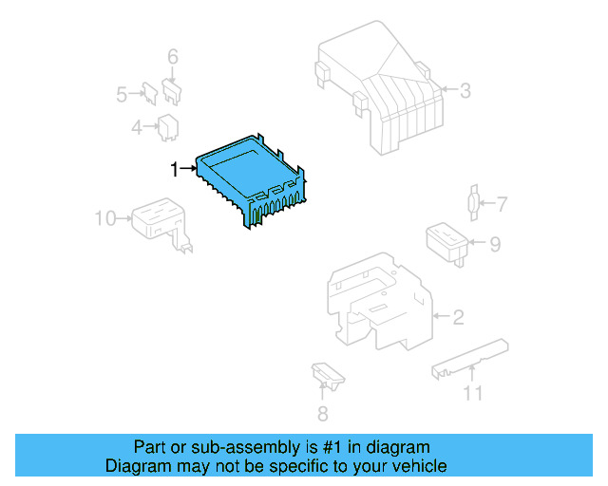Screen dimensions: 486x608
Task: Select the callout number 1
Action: tap(174, 169)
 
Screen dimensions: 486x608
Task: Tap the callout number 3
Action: tap(465, 91)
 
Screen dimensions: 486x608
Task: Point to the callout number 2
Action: tap(458, 317)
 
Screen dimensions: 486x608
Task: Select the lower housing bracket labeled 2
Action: tap(375, 304)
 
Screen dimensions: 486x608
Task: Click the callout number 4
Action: tap(137, 126)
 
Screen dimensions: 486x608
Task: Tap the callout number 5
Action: tap(122, 94)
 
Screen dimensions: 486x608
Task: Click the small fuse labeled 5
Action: tap(149, 91)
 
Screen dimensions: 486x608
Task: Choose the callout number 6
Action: tap(172, 58)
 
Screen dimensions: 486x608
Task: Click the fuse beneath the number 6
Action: tap(172, 90)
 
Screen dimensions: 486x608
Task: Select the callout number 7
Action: tap(503, 203)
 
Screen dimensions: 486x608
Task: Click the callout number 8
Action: tap(322, 413)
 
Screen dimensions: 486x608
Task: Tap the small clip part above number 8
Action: tap(325, 375)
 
